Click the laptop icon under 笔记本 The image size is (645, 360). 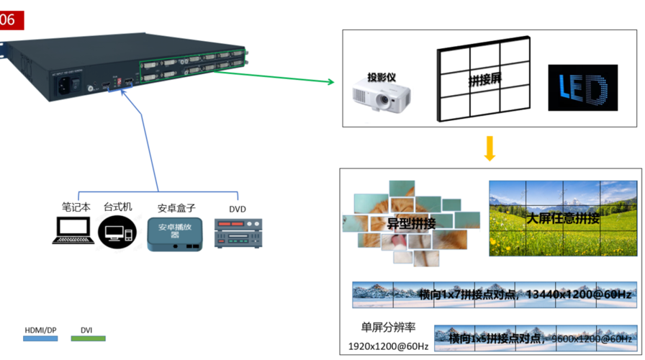[x=73, y=231]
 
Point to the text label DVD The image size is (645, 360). [x=238, y=209]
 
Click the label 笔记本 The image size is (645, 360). [x=76, y=206]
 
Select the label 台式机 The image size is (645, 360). [x=117, y=206]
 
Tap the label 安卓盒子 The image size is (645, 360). [x=176, y=208]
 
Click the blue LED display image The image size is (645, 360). [x=582, y=88]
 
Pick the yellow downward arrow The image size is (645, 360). [x=490, y=147]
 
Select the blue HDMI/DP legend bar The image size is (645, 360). [x=40, y=338]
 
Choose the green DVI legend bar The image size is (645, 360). [x=88, y=338]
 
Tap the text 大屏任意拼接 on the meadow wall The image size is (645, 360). [x=562, y=219]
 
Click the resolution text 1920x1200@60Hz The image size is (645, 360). [x=389, y=347]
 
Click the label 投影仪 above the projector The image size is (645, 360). [x=382, y=77]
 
